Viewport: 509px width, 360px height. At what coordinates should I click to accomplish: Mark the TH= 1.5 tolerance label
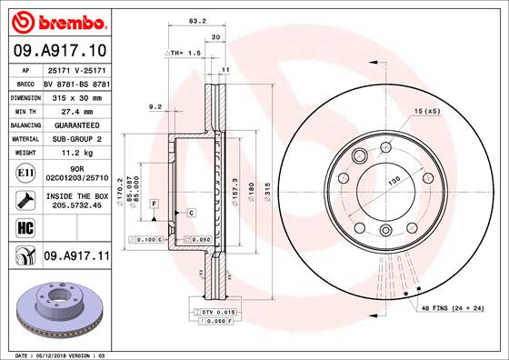pyautogui.click(x=183, y=54)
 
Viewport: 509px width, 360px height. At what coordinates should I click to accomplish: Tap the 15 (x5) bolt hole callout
pyautogui.click(x=426, y=111)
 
